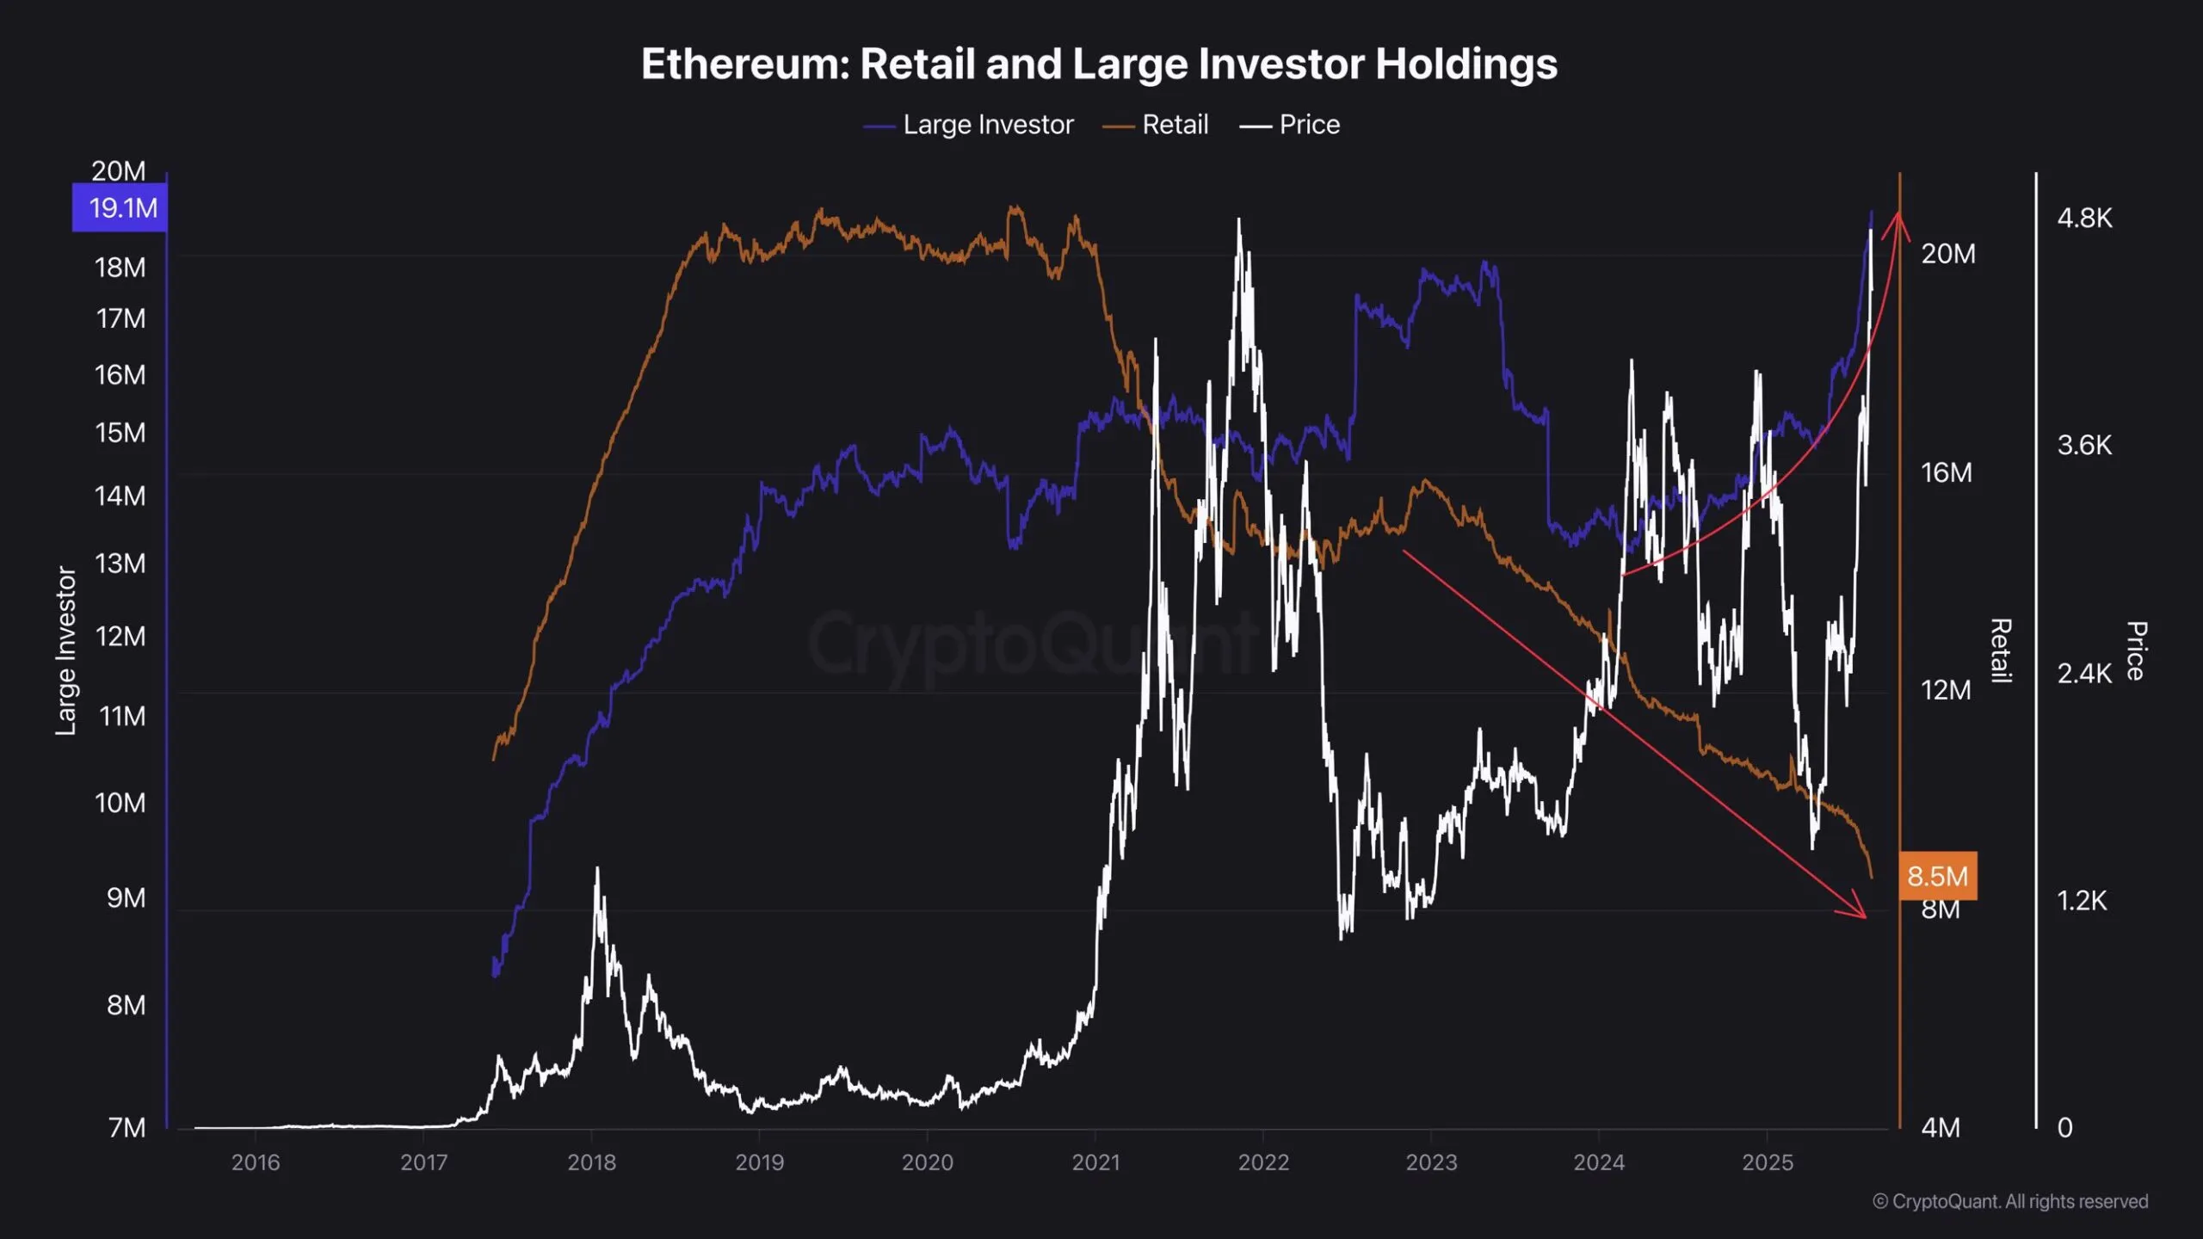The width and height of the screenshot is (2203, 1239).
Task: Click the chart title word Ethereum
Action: pos(745,65)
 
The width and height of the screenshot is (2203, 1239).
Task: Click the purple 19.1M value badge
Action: pos(120,208)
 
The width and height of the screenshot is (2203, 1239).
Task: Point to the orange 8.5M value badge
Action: pos(1937,876)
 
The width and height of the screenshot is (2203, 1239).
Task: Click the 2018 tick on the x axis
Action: pos(591,1162)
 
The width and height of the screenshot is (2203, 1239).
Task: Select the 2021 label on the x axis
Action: pos(1095,1162)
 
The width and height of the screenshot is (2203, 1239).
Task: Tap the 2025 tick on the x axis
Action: pos(1768,1162)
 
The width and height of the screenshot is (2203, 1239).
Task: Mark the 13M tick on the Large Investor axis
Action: pos(120,564)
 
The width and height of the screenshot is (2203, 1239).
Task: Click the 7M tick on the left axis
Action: pos(127,1127)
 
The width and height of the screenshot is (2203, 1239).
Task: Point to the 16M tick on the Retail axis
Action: pos(1947,472)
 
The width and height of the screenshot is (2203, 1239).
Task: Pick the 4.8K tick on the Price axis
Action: pos(2084,219)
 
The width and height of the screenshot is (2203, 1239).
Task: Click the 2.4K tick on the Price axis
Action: pos(2084,673)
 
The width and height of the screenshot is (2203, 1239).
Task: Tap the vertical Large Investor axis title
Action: pos(66,650)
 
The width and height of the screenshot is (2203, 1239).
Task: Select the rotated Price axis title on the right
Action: pos(2136,650)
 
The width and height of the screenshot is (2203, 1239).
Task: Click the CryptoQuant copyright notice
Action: pos(2010,1201)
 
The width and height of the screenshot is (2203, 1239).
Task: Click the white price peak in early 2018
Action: pos(597,871)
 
